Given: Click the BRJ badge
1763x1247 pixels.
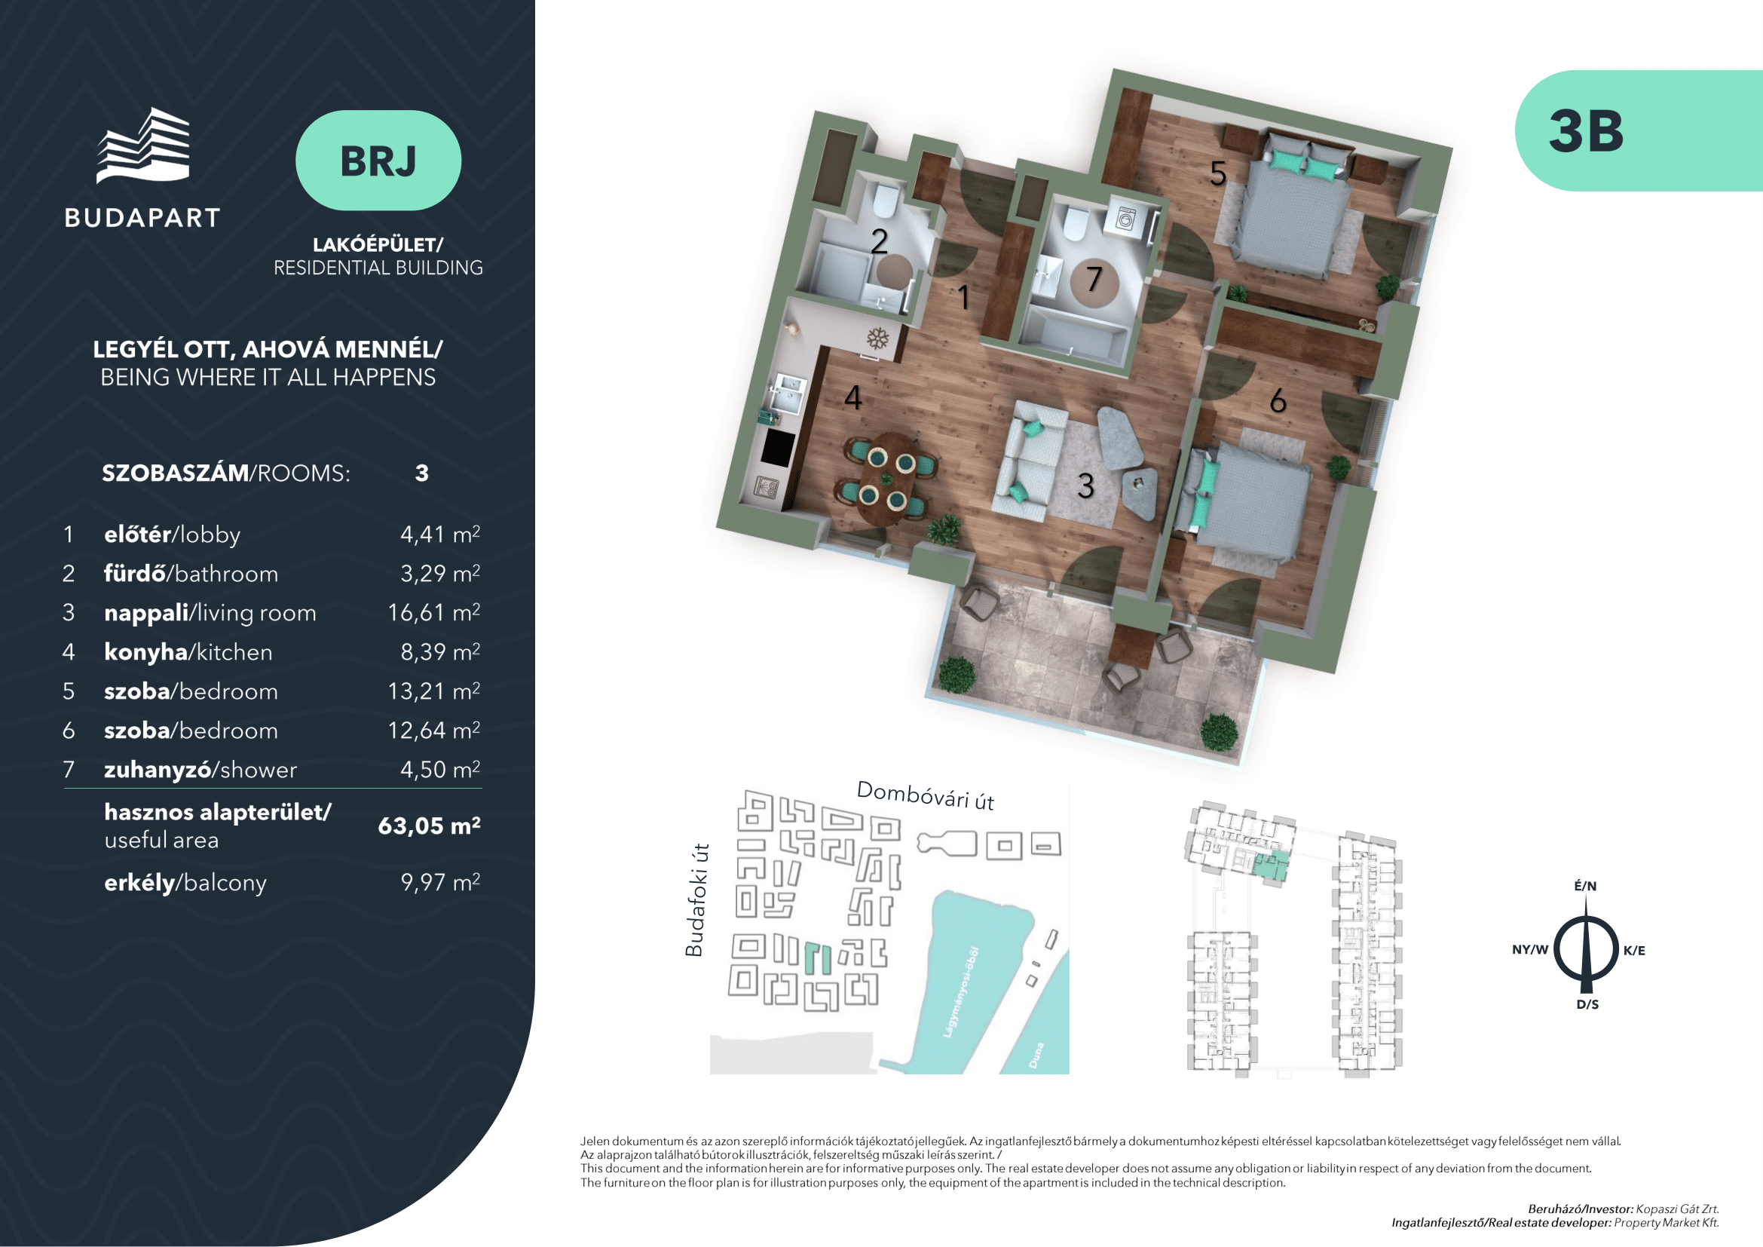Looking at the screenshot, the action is (x=378, y=161).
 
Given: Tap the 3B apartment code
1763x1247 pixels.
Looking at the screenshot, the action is (x=1586, y=131).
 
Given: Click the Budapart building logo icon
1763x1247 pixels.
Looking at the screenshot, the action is (x=142, y=146).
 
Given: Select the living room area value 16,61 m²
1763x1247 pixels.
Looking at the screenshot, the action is (x=434, y=612).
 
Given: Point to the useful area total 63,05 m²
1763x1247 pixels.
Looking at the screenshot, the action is (x=429, y=826).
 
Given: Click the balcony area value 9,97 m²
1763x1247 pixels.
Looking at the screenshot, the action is (x=440, y=881).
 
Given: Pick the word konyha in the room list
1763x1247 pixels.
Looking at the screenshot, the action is (x=146, y=652).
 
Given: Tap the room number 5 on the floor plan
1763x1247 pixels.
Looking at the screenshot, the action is (x=1218, y=173).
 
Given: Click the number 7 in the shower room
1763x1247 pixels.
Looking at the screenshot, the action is (x=1094, y=280).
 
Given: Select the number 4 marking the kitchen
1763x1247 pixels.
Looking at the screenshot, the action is (x=853, y=398).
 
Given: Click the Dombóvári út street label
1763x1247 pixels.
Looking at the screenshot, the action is (x=926, y=795).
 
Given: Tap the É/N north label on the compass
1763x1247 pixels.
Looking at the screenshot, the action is (x=1586, y=885).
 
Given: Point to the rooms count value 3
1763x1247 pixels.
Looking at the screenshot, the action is (x=421, y=473).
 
